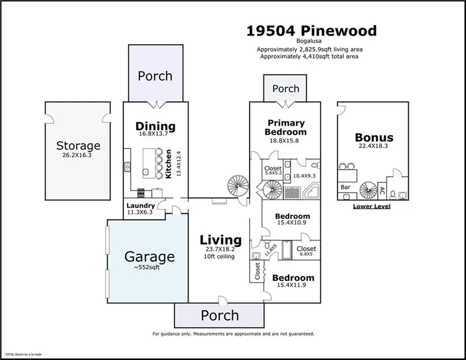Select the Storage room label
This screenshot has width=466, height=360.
pos(78,146)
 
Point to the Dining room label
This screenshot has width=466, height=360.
pos(155,126)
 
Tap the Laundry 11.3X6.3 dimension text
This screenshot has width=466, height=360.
pos(140,212)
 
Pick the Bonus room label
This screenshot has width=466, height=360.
pos(373,138)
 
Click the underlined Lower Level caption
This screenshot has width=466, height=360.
pos(371,206)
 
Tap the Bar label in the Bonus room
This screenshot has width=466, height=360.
pos(344,186)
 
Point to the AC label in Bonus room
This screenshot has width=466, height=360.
pos(382,190)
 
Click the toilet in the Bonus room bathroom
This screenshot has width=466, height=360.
pos(394,195)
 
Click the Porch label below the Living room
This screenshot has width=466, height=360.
pos(220,315)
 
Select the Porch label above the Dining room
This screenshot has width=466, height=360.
pos(155,76)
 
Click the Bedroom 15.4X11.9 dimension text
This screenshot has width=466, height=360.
pos(293,285)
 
